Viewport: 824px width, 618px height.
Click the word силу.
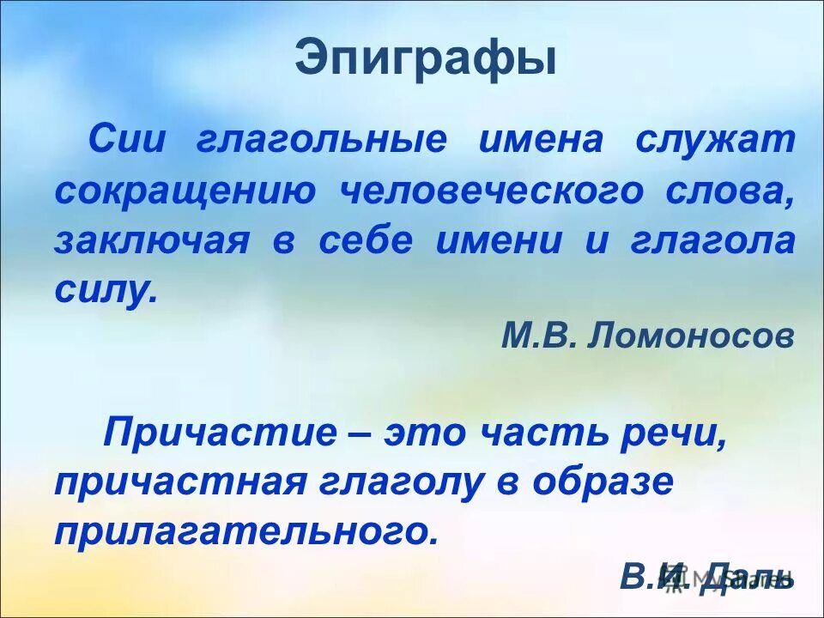click(105, 292)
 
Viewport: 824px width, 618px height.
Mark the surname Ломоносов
click(692, 336)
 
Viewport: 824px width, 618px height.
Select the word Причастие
click(220, 432)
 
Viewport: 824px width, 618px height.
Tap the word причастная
click(181, 482)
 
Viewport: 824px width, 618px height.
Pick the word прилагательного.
click(246, 532)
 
